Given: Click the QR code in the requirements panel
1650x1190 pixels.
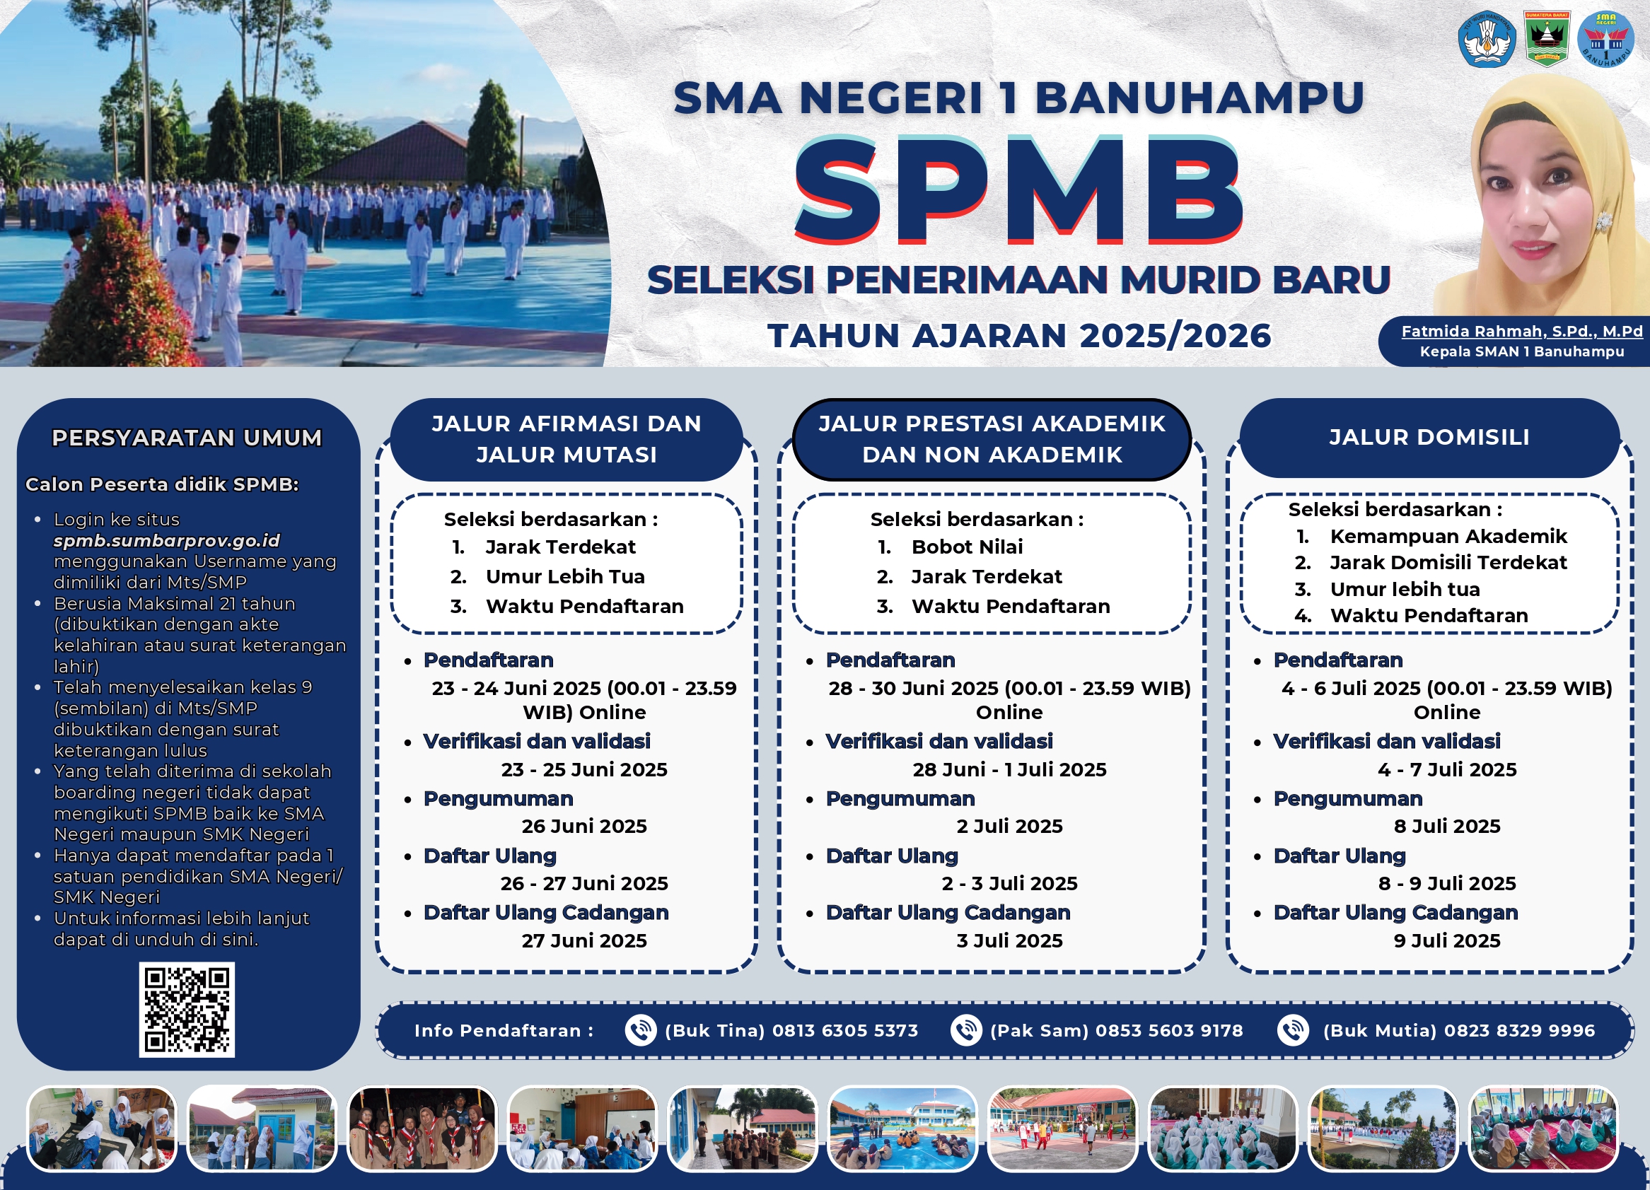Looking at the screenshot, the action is coord(187,1010).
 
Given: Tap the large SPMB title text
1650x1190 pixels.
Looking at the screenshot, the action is coord(1018,192).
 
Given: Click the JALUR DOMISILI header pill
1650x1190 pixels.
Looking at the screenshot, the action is coord(1429,437).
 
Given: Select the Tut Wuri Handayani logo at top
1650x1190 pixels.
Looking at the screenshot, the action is coord(1487,40).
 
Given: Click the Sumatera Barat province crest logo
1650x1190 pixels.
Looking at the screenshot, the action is coord(1547,40).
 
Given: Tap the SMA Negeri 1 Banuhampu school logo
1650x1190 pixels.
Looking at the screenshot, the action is coord(1605,40).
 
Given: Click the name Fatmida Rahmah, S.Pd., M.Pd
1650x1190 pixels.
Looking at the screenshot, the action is coord(1522,331).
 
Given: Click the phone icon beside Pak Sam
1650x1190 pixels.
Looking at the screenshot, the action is coord(966,1031).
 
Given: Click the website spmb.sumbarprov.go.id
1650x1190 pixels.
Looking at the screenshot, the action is coord(167,540).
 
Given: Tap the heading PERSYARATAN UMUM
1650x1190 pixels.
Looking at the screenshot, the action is coord(187,438).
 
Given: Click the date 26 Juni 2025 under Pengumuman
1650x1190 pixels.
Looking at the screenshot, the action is coord(584,827).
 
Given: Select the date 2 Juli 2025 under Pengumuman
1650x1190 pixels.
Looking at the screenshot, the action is coord(1010,827).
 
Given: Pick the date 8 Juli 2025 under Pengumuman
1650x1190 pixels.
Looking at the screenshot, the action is coord(1447,827).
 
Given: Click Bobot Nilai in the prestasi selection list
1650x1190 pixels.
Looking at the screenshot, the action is coord(967,547).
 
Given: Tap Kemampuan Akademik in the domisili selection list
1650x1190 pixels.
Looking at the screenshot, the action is coord(1448,536).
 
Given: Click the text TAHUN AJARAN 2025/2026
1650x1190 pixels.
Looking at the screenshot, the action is coord(1019,336).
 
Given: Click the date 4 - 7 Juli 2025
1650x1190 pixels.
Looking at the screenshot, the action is coord(1447,769).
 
